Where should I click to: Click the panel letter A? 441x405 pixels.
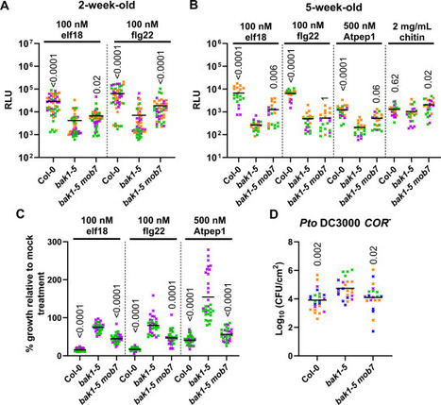tap(7, 8)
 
